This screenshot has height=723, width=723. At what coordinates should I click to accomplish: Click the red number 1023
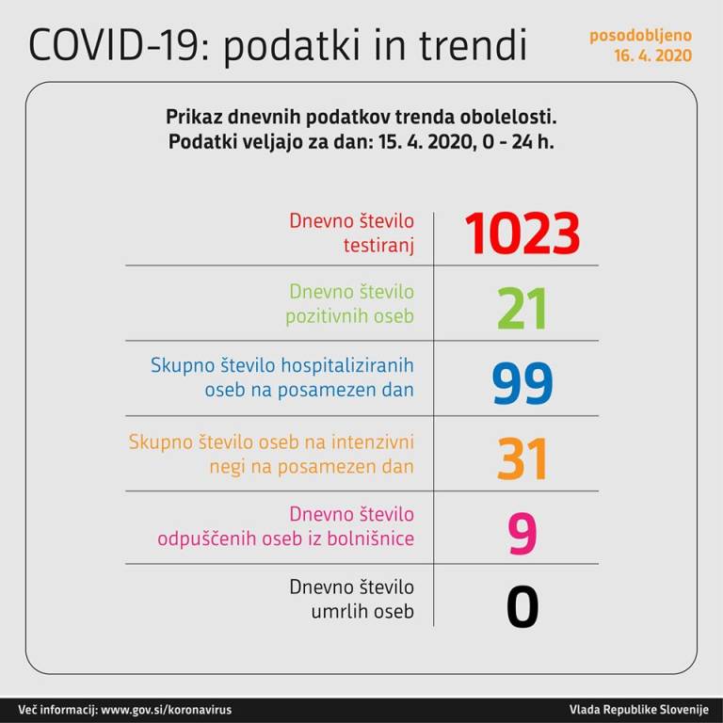pos(521,233)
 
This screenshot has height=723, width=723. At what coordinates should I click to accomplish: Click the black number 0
pos(522,606)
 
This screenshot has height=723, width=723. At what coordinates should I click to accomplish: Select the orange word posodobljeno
pos(641,36)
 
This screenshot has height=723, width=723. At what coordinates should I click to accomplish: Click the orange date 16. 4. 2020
pos(652,56)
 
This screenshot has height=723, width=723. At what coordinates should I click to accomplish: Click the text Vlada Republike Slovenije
pos(638,709)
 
